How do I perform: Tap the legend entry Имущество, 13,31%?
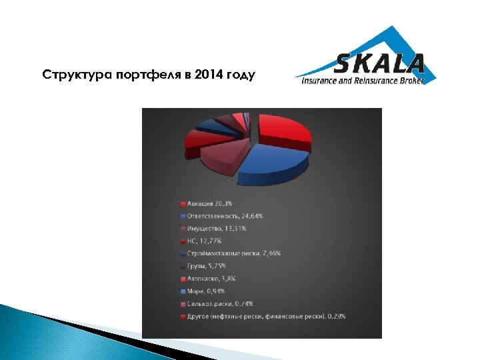tap(217, 228)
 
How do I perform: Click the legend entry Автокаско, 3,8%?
tap(211, 279)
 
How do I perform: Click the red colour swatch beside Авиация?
tap(183, 203)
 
